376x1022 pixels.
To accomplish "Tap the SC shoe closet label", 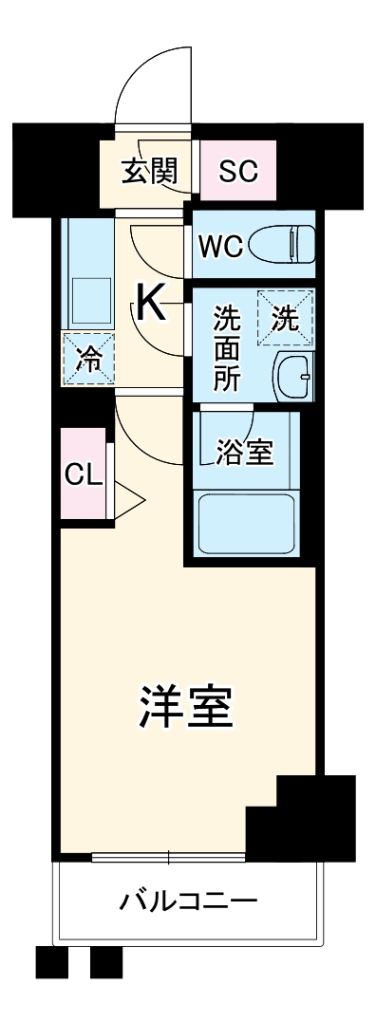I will (x=237, y=172).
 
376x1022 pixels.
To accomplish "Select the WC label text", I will (x=221, y=248).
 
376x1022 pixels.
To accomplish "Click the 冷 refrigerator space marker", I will (x=88, y=360).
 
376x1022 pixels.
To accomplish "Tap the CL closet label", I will (x=84, y=475).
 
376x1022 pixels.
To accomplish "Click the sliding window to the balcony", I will (x=168, y=858).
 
